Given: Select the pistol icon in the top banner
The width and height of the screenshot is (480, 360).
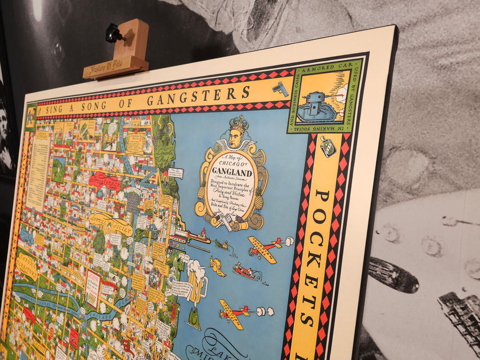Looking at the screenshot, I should tap(281, 89).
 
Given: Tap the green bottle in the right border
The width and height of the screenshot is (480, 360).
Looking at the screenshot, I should tap(328, 146).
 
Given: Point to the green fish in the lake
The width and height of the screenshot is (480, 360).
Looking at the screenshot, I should tap(194, 318).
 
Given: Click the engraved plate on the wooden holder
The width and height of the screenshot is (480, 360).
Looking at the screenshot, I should tap(115, 66).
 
